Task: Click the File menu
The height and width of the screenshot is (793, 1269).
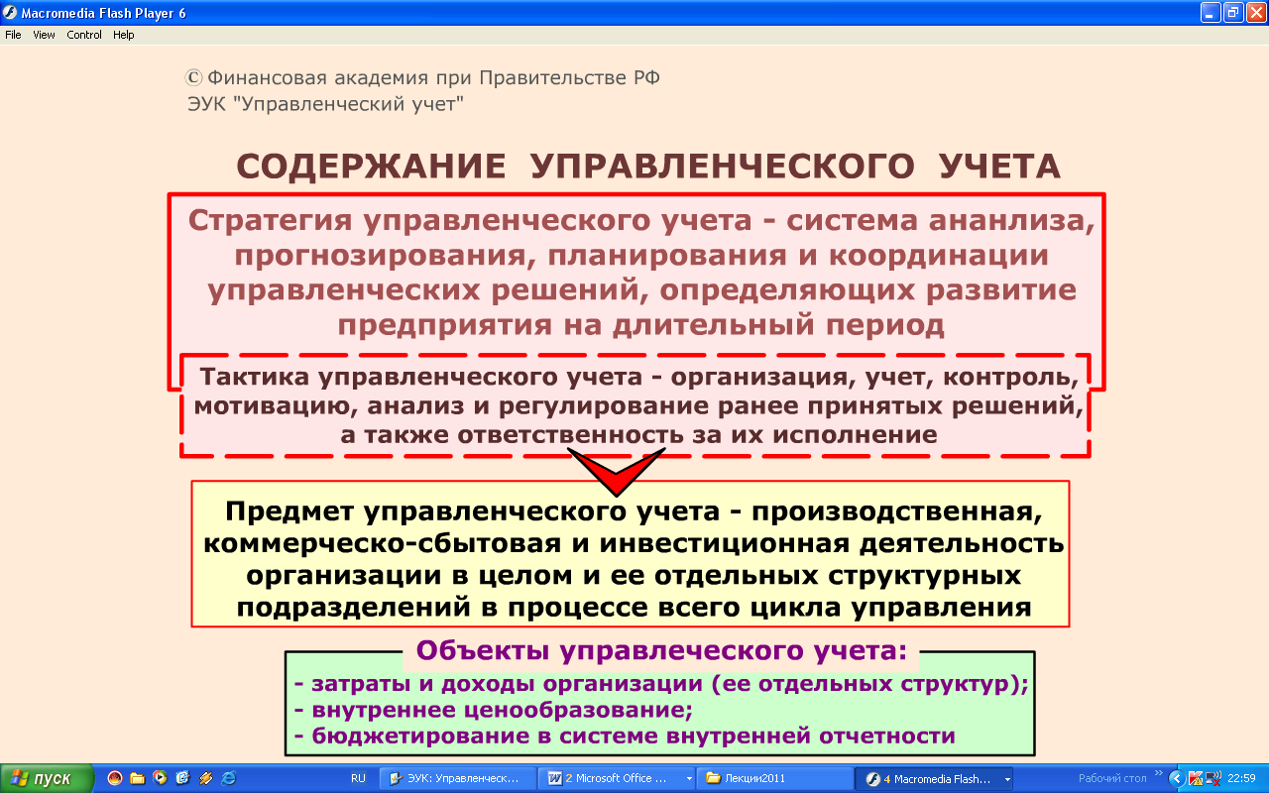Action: [13, 35]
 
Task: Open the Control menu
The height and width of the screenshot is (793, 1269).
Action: [84, 35]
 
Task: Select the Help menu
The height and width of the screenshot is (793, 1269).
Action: [124, 35]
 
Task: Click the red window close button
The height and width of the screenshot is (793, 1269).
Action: [1256, 13]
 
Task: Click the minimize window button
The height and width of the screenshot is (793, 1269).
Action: [1211, 13]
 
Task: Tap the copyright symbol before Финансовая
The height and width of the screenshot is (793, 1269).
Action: [193, 77]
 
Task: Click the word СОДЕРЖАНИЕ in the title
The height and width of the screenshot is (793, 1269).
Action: [371, 167]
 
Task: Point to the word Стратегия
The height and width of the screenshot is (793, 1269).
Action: [271, 221]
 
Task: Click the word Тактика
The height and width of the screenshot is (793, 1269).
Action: [255, 377]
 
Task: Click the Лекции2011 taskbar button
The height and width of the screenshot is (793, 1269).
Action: [775, 778]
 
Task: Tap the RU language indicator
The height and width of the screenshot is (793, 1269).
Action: [358, 778]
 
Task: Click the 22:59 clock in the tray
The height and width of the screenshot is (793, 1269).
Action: [1241, 779]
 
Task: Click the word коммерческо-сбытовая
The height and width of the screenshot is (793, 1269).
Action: [383, 544]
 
